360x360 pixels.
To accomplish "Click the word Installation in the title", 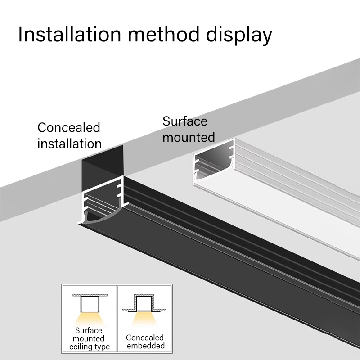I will coord(67,34).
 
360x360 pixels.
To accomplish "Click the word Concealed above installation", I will coord(69,127).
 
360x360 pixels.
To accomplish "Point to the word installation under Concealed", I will coord(69,144).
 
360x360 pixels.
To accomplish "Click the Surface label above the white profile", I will coord(185,121).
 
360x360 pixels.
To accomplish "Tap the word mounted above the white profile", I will coord(189,137).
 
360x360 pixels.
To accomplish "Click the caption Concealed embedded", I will coord(145,342).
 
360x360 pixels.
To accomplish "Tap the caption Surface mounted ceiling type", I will coord(89,338).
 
